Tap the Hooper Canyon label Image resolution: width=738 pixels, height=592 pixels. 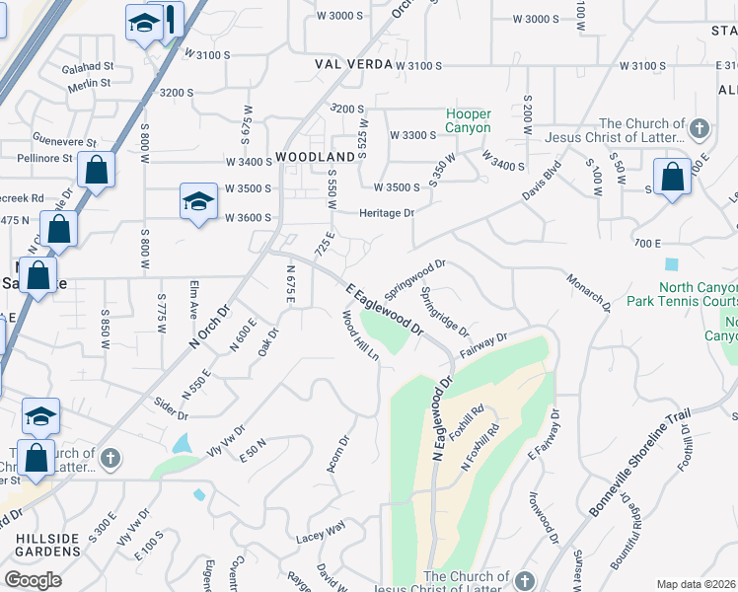pos(468,120)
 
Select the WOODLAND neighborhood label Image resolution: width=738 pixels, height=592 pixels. pos(315,157)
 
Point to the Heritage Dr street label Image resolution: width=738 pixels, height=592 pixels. pos(386,212)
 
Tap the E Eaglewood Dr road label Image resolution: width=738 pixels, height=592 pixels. pos(384,309)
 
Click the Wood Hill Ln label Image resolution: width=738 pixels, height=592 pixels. pos(360,335)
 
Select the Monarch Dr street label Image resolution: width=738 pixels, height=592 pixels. pos(590,293)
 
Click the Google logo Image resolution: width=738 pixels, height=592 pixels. pos(33,579)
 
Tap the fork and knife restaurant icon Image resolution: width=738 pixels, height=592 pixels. pos(172,19)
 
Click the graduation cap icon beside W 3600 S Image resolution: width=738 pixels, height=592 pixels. pos(198,201)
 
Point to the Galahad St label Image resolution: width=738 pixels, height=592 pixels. pos(89,67)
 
